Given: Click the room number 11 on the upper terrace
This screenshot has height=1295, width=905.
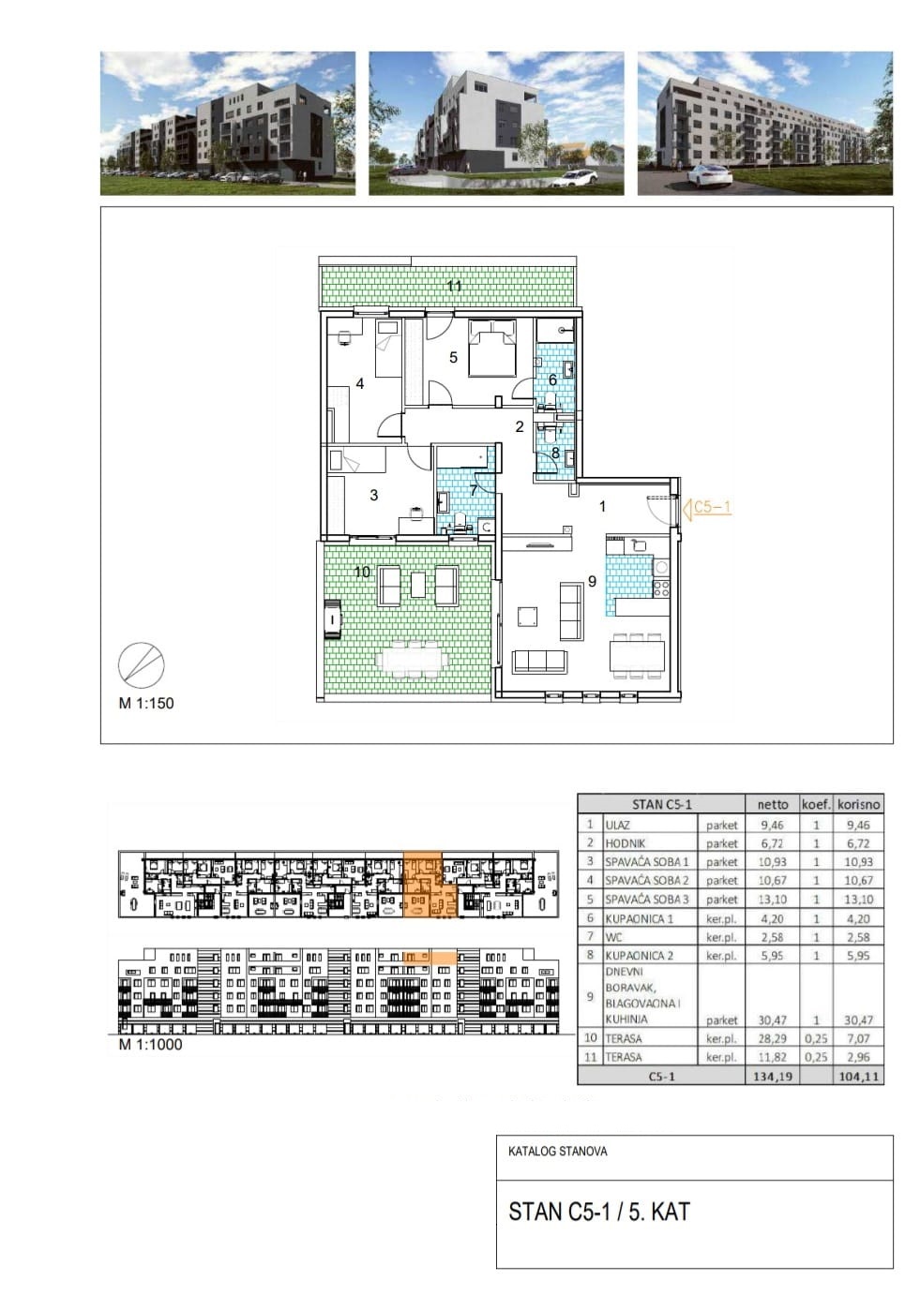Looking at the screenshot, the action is coord(454,286).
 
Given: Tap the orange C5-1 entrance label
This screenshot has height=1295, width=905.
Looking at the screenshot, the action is coord(713,507).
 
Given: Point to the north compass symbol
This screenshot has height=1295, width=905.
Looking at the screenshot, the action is coord(142,663).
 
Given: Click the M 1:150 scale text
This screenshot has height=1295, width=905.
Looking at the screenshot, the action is coord(145,703).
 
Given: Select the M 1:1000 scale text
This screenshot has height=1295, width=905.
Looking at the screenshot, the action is coord(150,1044).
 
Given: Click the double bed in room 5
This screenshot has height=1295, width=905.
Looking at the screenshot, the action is coord(491,348).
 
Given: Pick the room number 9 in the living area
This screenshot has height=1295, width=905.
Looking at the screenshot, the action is coord(592,581).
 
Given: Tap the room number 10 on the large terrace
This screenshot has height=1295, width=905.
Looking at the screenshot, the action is coord(362,572).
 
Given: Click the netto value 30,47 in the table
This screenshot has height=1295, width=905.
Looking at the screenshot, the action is coord(773,1020).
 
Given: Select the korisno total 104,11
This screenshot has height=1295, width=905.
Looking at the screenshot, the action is coord(858,1077).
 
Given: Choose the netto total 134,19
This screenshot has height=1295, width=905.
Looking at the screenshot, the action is coord(773,1077).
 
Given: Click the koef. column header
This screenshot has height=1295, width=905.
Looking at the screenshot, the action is coord(816,804).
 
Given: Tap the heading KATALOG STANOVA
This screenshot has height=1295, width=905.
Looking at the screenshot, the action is coord(558,1151).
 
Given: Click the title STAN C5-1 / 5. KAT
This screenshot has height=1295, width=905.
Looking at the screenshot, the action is coord(599,1212).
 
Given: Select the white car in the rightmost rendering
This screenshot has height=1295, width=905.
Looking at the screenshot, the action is coord(709,176).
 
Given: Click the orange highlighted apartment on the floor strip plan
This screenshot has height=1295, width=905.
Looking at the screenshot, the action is coord(429,884).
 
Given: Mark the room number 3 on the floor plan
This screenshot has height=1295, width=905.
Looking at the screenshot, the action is coord(374,496).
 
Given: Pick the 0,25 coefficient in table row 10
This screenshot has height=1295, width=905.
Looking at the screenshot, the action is coord(816,1039).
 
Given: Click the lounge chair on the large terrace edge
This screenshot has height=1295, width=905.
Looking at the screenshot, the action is coord(333,619).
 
